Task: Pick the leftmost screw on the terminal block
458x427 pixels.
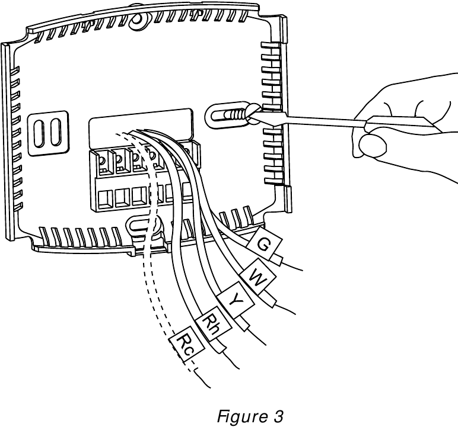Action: [x=101, y=159]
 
